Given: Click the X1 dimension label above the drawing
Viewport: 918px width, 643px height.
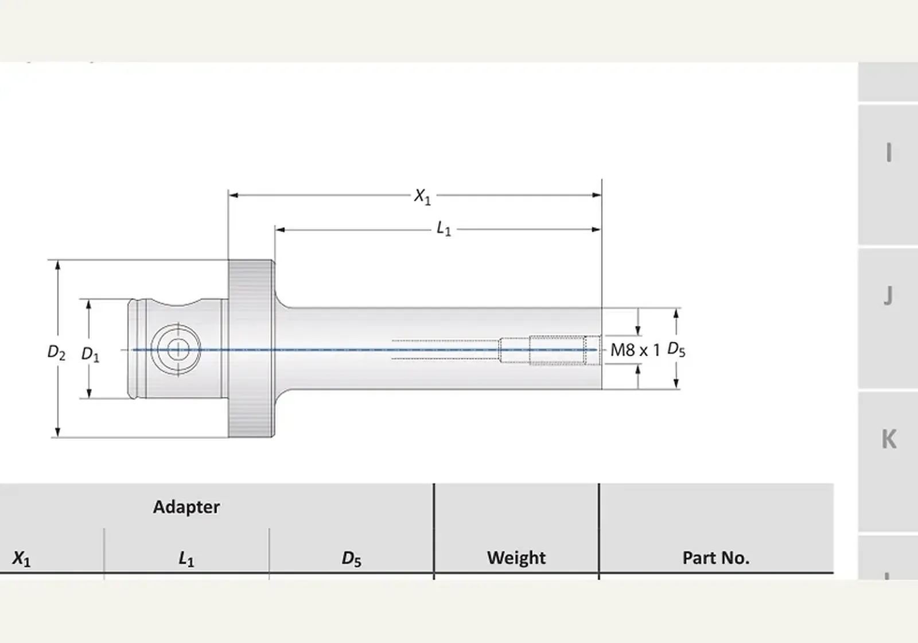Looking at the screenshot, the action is pos(422,197).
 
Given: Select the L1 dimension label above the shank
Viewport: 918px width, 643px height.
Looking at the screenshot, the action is pos(444,229).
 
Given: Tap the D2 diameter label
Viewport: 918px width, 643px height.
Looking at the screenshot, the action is pos(56,353).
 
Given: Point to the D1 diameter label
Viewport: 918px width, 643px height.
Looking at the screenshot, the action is pos(90,355).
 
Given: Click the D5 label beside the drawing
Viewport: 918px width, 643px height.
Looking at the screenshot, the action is pos(676,350).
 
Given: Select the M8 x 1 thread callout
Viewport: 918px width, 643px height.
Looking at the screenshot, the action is pos(635,350).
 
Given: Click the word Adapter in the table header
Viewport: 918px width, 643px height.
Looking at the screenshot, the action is pos(186,508).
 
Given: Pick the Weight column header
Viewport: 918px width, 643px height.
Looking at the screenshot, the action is pos(516,557).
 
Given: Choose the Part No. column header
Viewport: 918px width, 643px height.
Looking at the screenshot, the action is pos(716,557).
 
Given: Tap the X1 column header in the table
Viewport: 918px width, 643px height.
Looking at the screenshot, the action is pos(21,559).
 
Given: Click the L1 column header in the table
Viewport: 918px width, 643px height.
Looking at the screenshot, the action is pos(186,559).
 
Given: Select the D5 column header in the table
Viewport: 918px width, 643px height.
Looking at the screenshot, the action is pos(352,559).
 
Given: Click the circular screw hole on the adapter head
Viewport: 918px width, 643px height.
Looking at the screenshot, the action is pos(176,350).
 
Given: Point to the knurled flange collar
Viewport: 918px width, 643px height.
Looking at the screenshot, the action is pos(251,348).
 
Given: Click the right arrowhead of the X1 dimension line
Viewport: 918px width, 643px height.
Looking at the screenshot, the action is pos(597,195).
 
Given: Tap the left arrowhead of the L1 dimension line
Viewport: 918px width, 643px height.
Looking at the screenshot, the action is pos(280,230).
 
